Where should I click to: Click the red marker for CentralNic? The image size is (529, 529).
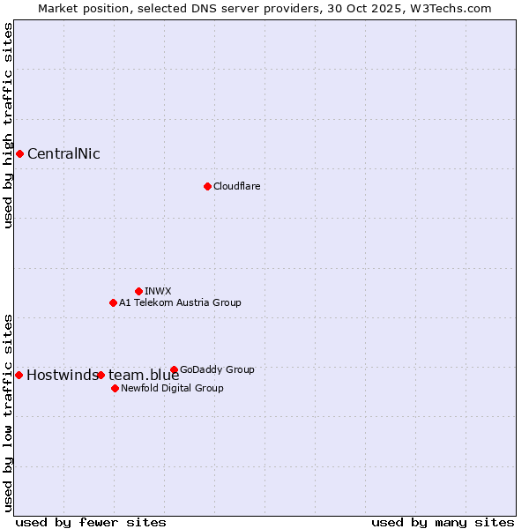pos(19,154)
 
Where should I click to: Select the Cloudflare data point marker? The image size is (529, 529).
pos(207,186)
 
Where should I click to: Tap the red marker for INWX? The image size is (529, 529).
pos(138,291)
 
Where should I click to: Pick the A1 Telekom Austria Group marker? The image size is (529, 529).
pos(113,302)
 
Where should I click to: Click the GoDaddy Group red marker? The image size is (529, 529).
pos(174,369)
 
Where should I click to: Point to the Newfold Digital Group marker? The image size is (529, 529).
pos(115,388)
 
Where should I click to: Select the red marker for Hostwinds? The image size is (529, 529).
pos(19,375)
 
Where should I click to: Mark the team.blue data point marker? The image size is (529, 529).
pos(101,375)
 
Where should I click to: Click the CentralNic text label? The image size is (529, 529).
pos(63,154)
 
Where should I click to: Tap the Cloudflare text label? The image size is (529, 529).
pos(236,186)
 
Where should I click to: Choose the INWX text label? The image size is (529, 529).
pos(158,291)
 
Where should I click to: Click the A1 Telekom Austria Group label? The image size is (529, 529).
pos(180,302)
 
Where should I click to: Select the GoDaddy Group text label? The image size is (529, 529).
pos(217,369)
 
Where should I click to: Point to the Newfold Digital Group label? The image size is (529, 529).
pos(172,388)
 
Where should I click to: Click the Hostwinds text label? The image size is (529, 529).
pos(62,375)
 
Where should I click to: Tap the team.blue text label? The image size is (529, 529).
pos(144,375)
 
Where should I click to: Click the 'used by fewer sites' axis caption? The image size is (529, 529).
pos(91,522)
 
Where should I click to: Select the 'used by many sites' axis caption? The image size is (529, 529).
pos(443,522)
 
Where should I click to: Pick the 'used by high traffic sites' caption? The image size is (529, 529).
pos(8,125)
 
